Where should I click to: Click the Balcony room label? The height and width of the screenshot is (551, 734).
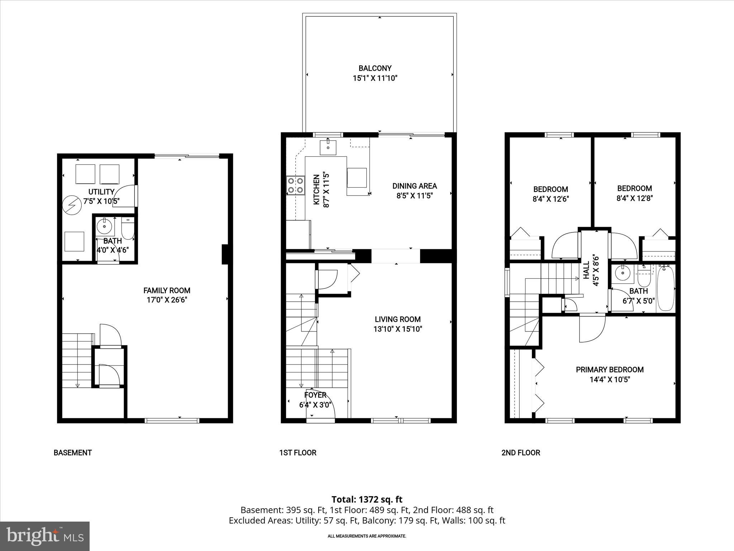point(375,68)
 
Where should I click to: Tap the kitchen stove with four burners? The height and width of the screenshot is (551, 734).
point(295,185)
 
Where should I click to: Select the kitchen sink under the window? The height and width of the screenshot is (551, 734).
point(328,147)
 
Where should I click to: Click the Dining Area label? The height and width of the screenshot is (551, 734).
point(414,186)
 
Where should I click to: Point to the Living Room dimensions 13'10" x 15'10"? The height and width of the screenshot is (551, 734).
point(397,329)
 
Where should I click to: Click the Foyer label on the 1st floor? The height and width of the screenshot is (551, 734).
point(315,395)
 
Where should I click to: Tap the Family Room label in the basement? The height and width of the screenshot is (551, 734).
point(167,291)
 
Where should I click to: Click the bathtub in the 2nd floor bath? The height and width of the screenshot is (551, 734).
point(666,288)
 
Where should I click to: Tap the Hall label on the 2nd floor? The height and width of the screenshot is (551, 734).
point(586,270)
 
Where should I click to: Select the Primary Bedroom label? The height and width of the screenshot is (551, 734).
point(609,369)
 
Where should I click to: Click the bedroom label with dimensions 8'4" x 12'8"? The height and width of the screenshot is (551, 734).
point(634,188)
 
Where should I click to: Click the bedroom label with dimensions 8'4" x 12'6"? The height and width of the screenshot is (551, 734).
point(550,189)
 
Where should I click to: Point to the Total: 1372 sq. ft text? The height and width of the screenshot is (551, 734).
point(367,499)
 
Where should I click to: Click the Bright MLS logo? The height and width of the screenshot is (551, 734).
point(45,536)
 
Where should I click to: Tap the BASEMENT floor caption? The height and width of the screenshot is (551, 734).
point(73,453)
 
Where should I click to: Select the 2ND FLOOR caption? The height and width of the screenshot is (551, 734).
point(520,453)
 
